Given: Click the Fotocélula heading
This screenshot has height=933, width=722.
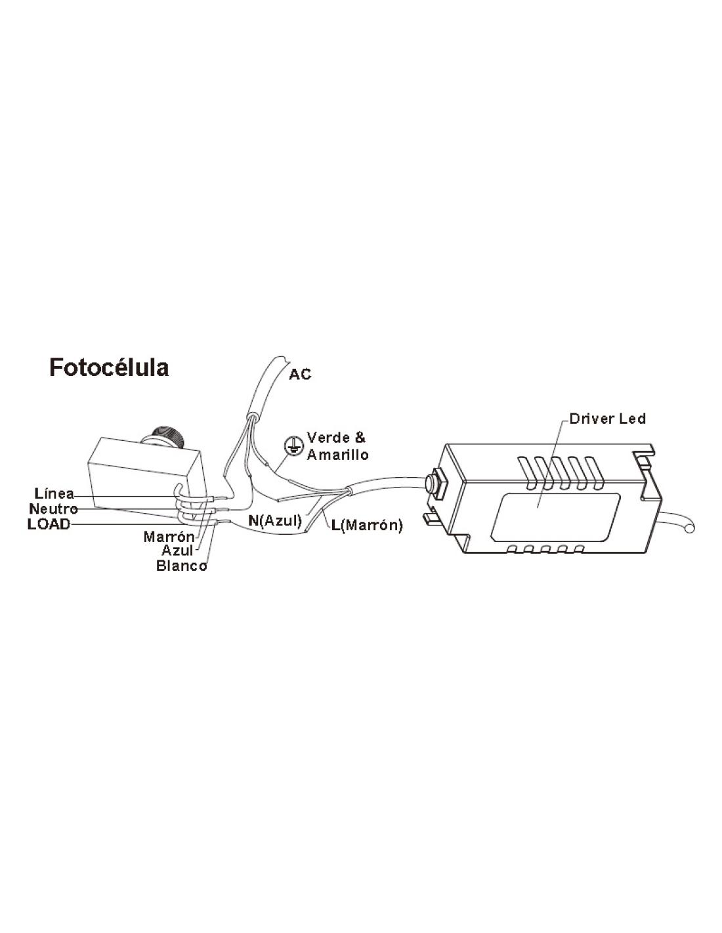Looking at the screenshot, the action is click(109, 368).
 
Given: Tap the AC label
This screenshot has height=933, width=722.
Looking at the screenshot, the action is click(300, 375).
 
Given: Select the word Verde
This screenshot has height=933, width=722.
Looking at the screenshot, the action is click(328, 438).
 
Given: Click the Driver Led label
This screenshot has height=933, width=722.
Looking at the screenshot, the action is click(607, 419).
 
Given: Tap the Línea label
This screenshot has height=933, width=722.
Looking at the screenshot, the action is click(54, 493).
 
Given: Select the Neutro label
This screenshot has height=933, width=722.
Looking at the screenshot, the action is click(54, 508).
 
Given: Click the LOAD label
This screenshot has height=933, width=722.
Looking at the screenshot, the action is click(49, 524).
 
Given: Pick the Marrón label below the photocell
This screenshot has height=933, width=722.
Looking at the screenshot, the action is click(169, 537).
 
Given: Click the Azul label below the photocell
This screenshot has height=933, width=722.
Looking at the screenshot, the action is click(177, 550).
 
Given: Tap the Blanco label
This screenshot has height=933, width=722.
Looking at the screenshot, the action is click(181, 566).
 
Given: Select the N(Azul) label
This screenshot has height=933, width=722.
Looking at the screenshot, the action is click(275, 521).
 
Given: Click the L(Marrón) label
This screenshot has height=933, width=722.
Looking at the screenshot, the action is click(367, 525).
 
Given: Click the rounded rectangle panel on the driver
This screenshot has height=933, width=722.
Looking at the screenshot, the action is click(555, 518).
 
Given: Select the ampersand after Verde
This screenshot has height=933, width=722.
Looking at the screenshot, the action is click(359, 438).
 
